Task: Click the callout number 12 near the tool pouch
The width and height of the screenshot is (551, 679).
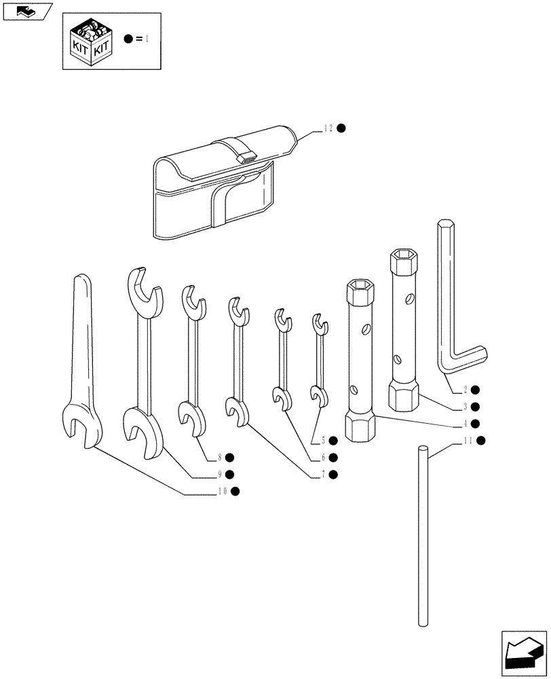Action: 328,128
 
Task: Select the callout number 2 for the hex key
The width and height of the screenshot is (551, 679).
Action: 465,390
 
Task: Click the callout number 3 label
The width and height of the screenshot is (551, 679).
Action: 465,407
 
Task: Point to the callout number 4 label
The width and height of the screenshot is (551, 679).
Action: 465,424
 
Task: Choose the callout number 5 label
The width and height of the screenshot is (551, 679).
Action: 324,440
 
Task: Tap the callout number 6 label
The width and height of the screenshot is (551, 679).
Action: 324,457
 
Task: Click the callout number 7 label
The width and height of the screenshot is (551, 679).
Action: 324,474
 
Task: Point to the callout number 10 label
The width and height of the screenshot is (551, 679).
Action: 222,491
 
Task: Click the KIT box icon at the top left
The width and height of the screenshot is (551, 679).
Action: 90,41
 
